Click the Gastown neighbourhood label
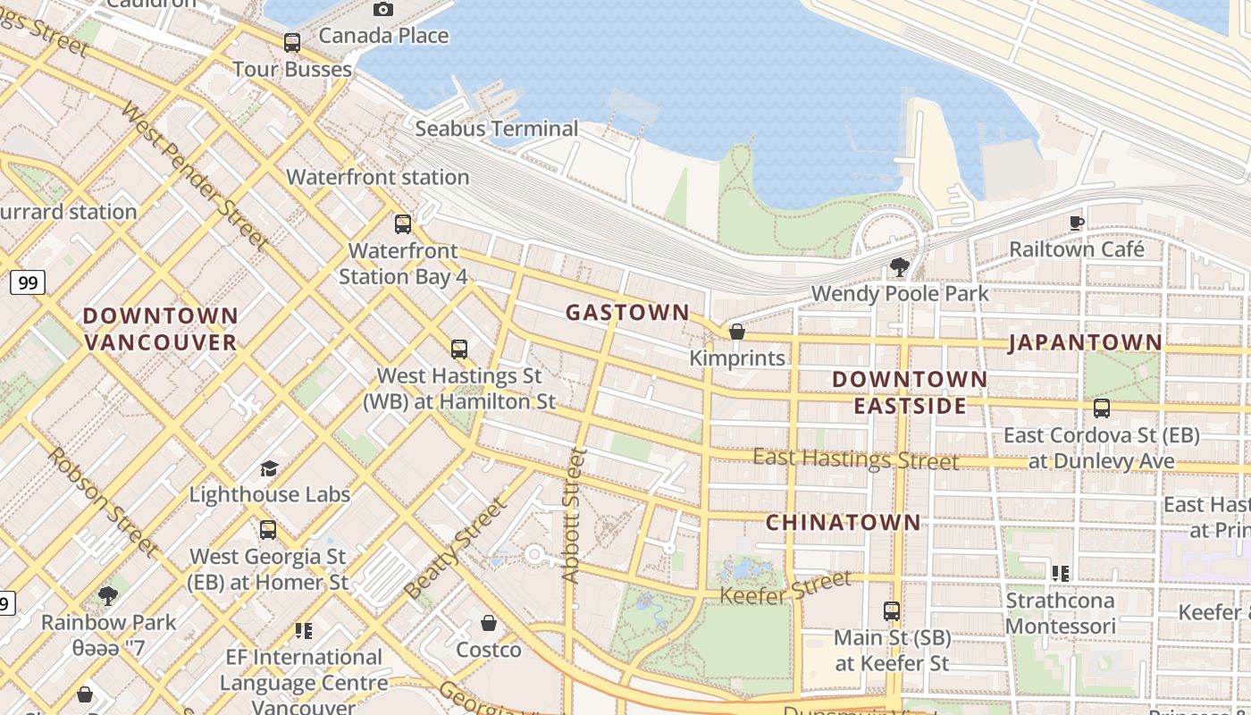[x=627, y=312]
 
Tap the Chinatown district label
[x=843, y=522]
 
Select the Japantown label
[x=1086, y=342]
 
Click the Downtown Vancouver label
[x=161, y=329]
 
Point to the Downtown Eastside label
[x=910, y=392]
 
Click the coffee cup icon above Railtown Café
[x=1077, y=222]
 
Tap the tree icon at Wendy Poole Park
[x=900, y=266]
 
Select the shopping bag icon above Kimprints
[x=737, y=332]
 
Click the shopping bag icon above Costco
[x=489, y=623]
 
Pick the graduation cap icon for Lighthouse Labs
[x=269, y=468]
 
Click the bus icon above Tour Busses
[x=292, y=42]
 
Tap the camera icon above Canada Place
[x=383, y=9]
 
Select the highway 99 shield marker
[x=28, y=283]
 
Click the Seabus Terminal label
[x=497, y=129]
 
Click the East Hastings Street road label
[x=855, y=459]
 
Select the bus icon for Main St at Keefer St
[x=892, y=611]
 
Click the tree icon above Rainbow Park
[x=108, y=595]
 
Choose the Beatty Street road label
[x=456, y=550]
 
